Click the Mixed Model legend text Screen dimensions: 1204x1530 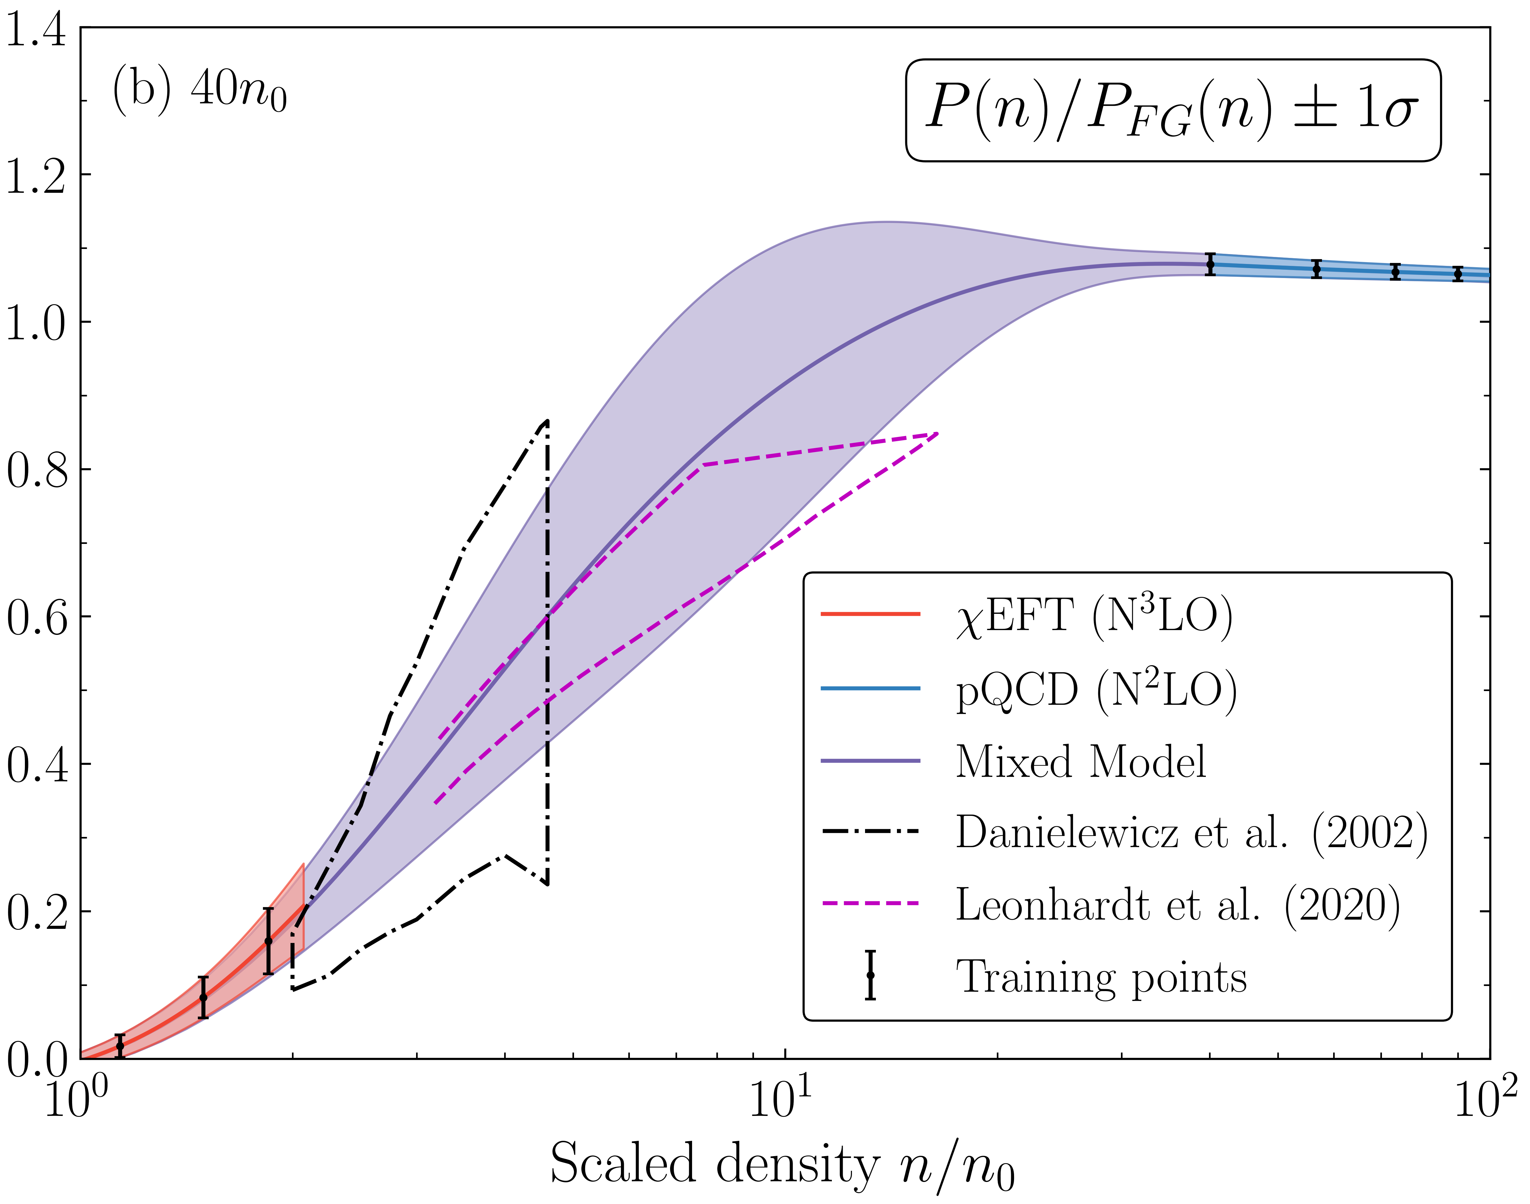pos(1080,762)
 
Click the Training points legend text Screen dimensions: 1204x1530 pos(1101,977)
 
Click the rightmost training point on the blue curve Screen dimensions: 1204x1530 pos(1458,274)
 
